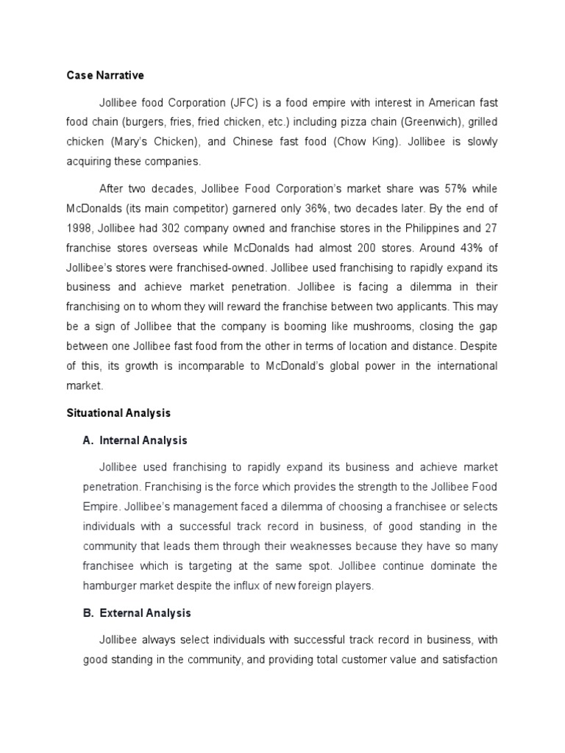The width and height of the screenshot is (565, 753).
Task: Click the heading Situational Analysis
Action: (118, 414)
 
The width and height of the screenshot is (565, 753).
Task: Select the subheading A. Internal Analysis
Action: (135, 440)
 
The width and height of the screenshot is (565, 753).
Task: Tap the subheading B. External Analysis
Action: (137, 613)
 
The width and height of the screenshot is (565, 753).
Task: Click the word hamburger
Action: (109, 585)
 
